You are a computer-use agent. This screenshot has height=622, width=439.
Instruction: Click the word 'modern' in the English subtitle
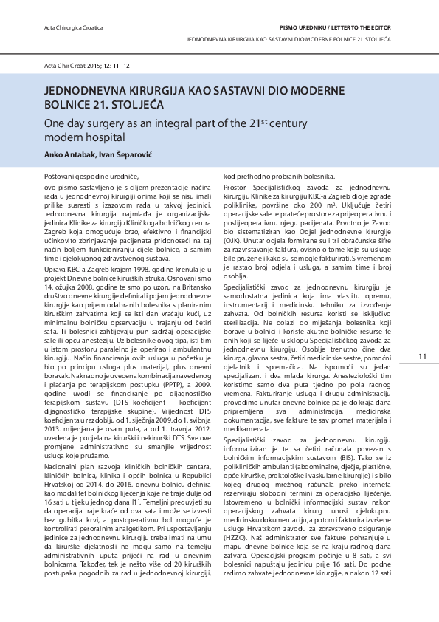click(61, 137)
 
